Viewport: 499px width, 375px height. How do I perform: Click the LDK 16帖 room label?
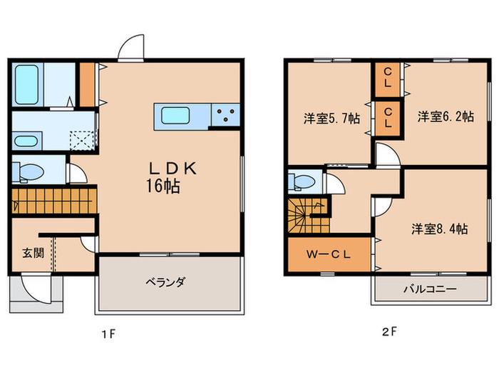[x=172, y=177]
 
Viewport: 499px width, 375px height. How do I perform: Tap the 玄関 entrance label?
[x=33, y=253]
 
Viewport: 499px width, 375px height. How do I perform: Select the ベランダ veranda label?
[x=165, y=282]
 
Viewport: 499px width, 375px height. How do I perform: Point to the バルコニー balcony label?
[x=431, y=289]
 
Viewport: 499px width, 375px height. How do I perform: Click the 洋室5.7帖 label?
[x=331, y=119]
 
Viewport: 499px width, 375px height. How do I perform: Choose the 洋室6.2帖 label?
[x=446, y=116]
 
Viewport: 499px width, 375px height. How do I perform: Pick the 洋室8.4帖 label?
[x=440, y=229]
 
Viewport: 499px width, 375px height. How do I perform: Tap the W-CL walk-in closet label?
[x=329, y=254]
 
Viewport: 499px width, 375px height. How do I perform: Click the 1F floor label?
[x=108, y=334]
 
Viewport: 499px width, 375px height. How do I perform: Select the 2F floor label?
[x=389, y=332]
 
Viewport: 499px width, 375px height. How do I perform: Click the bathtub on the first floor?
[x=27, y=85]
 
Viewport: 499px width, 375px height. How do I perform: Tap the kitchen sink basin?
[x=175, y=116]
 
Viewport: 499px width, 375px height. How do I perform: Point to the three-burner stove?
[x=226, y=114]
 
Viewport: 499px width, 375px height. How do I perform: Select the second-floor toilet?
[x=302, y=182]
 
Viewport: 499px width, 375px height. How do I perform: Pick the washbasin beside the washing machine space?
[x=27, y=141]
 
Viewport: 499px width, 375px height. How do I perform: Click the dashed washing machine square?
[x=82, y=140]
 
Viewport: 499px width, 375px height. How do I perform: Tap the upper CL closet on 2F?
[x=387, y=79]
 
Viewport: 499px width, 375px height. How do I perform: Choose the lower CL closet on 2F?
[x=387, y=118]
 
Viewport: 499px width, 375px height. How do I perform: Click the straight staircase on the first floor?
[x=54, y=201]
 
